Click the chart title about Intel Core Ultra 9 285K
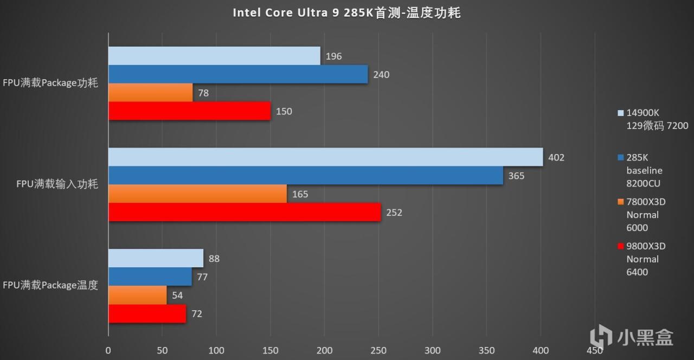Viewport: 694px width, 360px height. (346, 12)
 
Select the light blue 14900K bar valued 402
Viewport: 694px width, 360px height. (325, 157)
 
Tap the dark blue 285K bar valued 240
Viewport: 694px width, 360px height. (238, 74)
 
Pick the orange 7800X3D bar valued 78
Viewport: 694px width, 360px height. (151, 93)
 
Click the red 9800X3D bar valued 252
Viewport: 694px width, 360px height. (245, 212)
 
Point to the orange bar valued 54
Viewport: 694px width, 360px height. (138, 295)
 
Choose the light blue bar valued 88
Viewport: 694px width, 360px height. (156, 258)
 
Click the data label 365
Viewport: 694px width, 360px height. (516, 176)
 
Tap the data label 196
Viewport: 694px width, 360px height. (333, 56)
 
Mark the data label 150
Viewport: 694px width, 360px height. (284, 112)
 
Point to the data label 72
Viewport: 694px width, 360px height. (197, 314)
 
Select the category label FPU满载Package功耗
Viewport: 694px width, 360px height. (50, 83)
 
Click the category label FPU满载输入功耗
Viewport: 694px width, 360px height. (57, 184)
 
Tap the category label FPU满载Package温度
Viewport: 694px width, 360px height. (50, 285)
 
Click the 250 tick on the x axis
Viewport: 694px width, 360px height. (378, 351)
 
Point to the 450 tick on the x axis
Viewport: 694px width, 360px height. (595, 351)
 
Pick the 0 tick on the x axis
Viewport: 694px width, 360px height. (108, 351)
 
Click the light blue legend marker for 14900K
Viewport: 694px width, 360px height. (621, 113)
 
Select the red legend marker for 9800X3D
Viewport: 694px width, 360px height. (621, 246)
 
